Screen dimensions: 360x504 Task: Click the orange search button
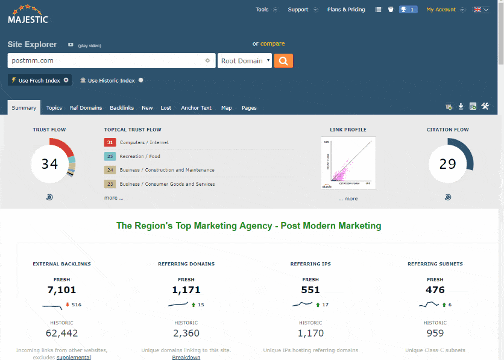(x=283, y=61)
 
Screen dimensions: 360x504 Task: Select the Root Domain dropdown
(x=245, y=61)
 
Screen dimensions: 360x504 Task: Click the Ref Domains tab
(x=86, y=108)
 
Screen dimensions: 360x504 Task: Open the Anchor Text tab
(x=196, y=108)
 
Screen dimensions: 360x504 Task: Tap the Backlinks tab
(x=122, y=108)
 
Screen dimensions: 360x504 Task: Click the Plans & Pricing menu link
(x=346, y=10)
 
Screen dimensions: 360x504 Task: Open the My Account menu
(x=441, y=10)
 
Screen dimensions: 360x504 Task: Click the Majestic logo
(x=28, y=14)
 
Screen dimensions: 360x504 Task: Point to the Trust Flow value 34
(x=49, y=164)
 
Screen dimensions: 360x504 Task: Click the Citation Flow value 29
(x=447, y=164)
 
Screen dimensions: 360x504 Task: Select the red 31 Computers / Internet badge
(x=110, y=143)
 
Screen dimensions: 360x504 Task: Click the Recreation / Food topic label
(x=140, y=157)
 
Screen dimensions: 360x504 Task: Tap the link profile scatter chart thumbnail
(x=348, y=163)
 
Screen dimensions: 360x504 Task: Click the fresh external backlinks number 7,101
(x=61, y=291)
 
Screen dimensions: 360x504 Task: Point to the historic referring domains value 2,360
(x=186, y=333)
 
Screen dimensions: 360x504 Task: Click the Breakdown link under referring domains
(x=186, y=358)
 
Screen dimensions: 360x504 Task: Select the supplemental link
(x=74, y=358)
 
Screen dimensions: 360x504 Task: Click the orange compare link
(x=272, y=43)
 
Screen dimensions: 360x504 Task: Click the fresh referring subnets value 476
(x=435, y=291)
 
